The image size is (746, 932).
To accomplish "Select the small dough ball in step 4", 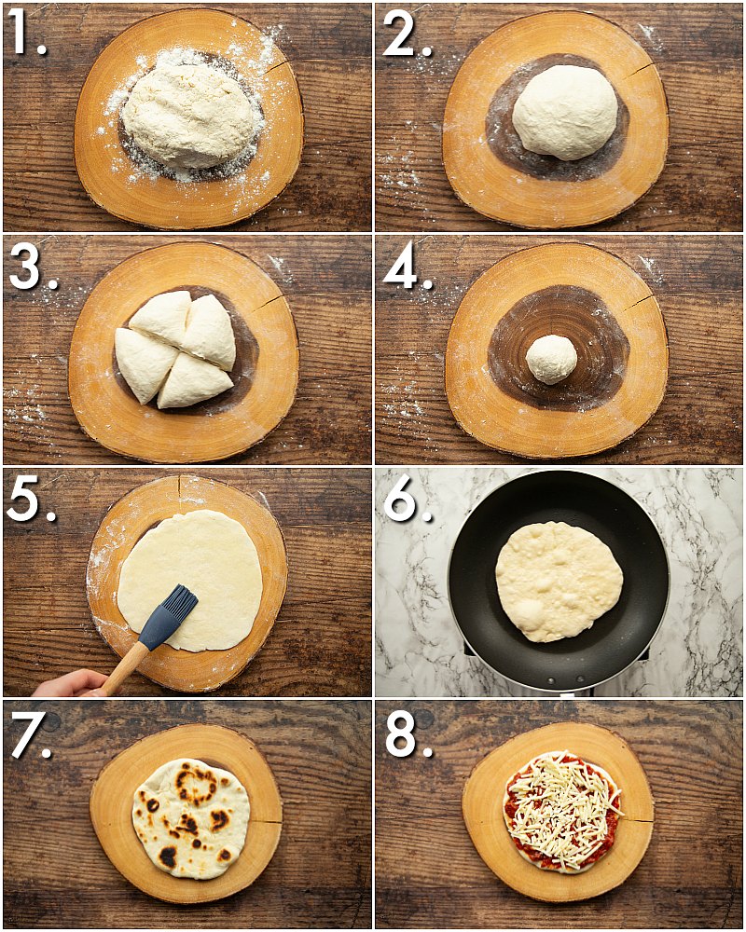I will coord(551,359).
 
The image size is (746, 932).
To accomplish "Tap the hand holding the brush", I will coord(70,684).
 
